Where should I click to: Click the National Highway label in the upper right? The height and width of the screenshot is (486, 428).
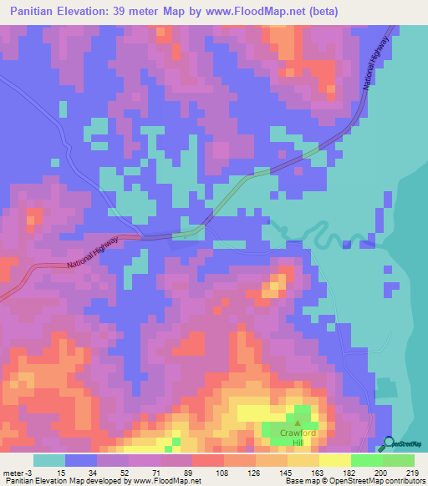[378, 65]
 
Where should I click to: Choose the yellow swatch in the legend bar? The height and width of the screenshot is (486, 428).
[334, 461]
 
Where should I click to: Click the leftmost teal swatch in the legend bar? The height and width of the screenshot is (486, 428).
[49, 461]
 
